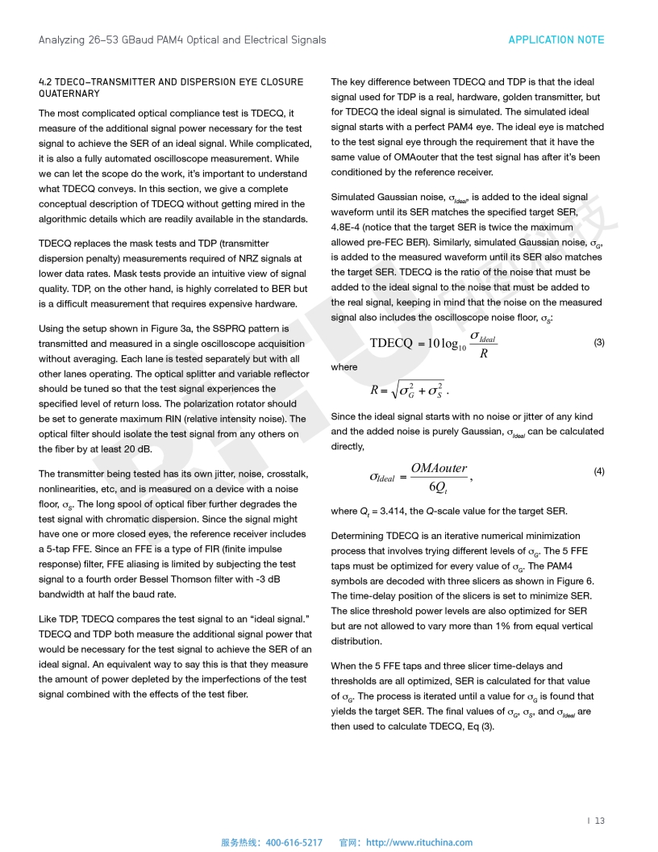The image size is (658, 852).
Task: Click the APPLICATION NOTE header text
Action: point(556,40)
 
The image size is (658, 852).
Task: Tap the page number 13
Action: point(600,821)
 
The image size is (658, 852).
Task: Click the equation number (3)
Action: point(599,342)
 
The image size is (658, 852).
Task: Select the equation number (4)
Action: point(599,471)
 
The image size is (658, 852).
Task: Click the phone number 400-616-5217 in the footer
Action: point(294,842)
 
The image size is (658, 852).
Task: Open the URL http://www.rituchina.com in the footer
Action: point(419,842)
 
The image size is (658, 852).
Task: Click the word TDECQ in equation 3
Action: point(391,344)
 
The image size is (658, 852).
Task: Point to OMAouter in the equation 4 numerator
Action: point(439,468)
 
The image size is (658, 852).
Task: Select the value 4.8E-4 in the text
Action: point(348,228)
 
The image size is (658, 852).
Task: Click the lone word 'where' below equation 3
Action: point(344,367)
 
